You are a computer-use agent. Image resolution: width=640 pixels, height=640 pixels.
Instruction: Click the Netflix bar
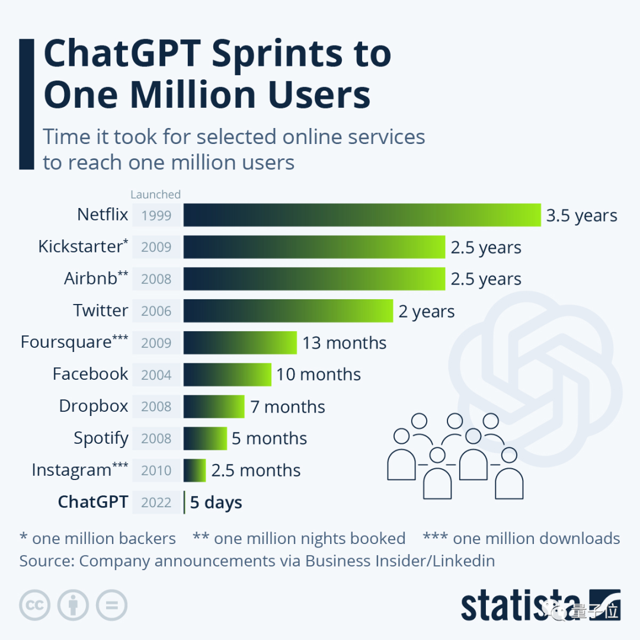coord(361,215)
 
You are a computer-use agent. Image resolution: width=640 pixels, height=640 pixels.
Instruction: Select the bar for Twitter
coord(288,311)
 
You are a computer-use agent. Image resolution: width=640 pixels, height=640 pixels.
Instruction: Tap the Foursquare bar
coord(240,343)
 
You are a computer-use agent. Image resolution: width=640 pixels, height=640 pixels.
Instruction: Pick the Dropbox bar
coord(214,407)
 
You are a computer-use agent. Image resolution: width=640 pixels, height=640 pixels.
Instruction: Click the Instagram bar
coord(194,471)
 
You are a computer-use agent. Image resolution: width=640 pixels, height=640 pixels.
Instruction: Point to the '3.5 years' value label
coord(581,216)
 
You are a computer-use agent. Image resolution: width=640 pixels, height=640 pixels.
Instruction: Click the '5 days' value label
coord(216,503)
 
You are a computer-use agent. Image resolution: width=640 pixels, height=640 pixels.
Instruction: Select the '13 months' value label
coord(344,343)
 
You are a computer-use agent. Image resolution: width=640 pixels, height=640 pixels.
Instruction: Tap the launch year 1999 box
coord(156,216)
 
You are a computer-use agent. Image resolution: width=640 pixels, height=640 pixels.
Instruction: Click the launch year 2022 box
coord(156,503)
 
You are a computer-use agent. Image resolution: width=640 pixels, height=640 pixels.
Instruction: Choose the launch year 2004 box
coord(156,375)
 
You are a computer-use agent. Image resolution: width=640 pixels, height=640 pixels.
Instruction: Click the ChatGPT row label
coord(93,502)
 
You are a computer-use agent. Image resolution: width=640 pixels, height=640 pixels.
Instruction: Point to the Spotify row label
coord(101,439)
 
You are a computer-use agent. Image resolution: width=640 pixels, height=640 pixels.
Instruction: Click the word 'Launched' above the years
coord(155,194)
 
